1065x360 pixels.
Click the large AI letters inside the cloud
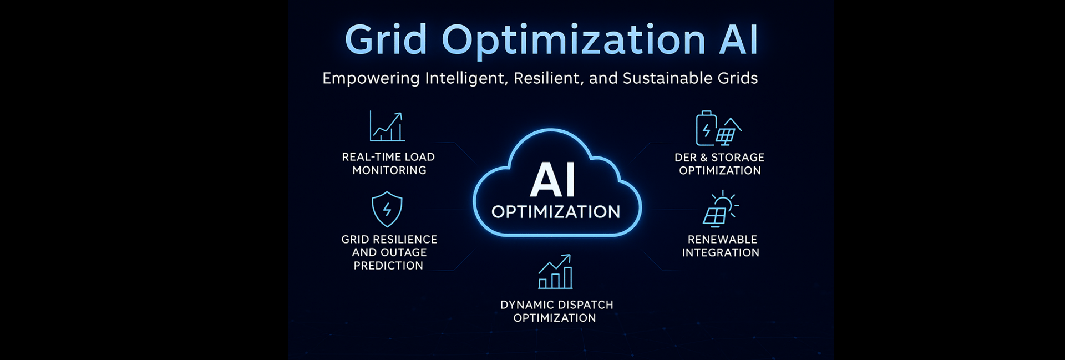pos(552,180)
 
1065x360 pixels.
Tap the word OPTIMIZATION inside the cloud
pos(556,211)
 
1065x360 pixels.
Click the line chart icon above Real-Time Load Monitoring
pos(387,126)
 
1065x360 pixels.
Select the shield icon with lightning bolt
pos(387,209)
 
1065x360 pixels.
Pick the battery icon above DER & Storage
pos(706,128)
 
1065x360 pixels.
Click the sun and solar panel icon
pos(721,209)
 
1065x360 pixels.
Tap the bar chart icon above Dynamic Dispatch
pos(555,271)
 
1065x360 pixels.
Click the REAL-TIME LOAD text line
pos(388,157)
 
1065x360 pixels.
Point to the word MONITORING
pos(389,170)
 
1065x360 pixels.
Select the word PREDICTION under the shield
pos(388,266)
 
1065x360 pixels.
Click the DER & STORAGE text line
pos(719,158)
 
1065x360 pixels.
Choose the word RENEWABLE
pos(722,240)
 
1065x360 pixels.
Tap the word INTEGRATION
pos(721,253)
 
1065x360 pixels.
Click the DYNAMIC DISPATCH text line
pos(557,305)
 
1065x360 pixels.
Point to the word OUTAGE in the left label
pos(403,252)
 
